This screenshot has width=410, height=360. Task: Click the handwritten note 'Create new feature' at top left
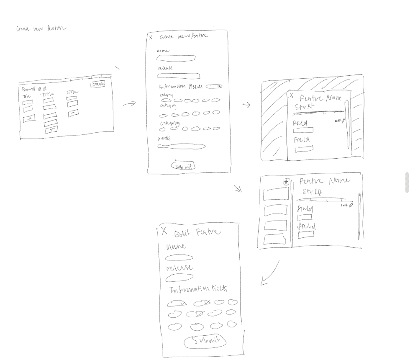pos(41,28)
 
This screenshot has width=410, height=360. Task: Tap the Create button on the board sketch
pos(97,84)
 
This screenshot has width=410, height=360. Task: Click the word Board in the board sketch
pos(29,89)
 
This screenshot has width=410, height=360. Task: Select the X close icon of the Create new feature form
pos(151,38)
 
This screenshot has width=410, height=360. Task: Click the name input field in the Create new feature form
pos(176,58)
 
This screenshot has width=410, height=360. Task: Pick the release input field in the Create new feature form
pos(178,76)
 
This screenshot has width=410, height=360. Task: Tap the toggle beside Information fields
pos(217,86)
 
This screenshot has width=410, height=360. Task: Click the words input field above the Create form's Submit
pos(182,146)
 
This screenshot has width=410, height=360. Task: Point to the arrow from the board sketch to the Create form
pos(129,103)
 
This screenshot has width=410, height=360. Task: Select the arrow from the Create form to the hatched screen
pos(246,105)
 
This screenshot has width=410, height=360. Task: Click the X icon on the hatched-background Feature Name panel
pos(292,96)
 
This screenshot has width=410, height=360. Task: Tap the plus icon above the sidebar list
pos(286,182)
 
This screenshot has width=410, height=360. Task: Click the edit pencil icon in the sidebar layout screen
pos(351,205)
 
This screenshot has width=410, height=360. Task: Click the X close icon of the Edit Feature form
pos(164,231)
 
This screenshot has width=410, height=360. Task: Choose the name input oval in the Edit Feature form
pos(179,258)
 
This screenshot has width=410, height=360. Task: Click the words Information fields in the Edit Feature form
pos(198,289)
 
